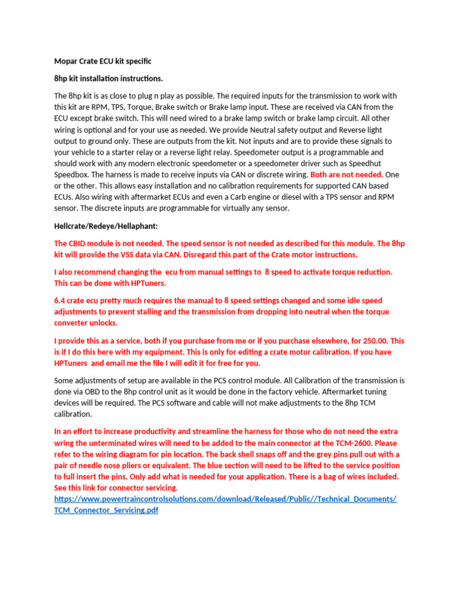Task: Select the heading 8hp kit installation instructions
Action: coord(109,79)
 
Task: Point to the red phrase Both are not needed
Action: coord(346,174)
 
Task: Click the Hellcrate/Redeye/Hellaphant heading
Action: coord(106,226)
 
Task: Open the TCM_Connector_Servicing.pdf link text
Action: coord(106,510)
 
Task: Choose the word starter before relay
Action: coord(114,152)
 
